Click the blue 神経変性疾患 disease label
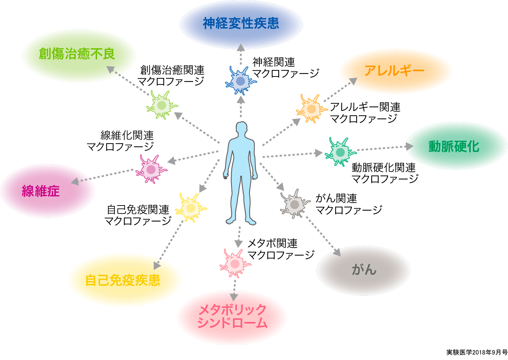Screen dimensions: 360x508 tap(241, 24)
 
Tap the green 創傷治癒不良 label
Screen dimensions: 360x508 tap(77, 54)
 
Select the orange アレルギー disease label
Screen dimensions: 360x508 tap(394, 71)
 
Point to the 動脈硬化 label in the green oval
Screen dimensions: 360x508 tap(454, 146)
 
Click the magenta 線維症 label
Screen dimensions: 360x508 tap(41, 191)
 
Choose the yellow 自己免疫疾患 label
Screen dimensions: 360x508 tap(123, 280)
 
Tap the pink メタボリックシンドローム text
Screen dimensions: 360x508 tap(232, 316)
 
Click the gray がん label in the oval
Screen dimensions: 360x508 tap(364, 270)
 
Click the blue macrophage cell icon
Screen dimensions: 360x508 tap(240, 81)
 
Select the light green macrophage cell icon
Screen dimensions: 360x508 tap(162, 105)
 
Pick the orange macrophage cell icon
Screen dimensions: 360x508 tap(311, 108)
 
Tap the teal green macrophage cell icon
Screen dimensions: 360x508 tap(340, 152)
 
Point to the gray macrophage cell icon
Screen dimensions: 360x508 tap(295, 204)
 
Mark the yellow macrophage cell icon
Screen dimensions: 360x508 tap(191, 208)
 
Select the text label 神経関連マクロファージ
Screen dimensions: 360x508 tap(286, 68)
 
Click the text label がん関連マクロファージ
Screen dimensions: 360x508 tap(349, 204)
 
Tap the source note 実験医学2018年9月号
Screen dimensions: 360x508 tap(477, 352)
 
